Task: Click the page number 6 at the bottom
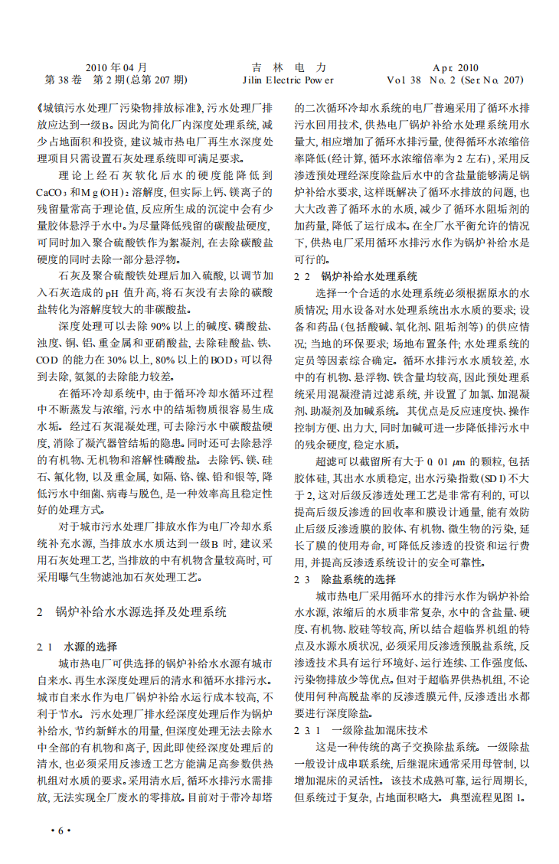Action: pyautogui.click(x=60, y=832)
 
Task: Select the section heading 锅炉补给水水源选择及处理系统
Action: pyautogui.click(x=142, y=612)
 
